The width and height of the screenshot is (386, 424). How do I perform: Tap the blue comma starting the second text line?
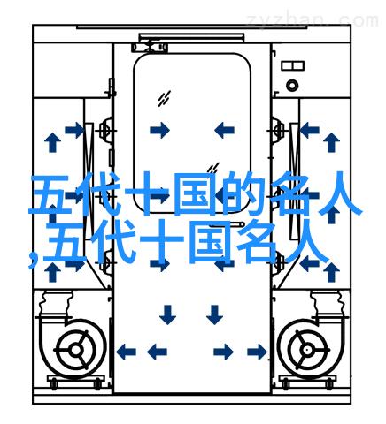tap(34, 260)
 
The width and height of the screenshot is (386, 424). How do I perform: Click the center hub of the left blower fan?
tap(75, 350)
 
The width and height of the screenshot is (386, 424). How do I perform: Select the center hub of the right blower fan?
tap(308, 350)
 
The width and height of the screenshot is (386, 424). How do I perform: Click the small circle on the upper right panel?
tap(292, 86)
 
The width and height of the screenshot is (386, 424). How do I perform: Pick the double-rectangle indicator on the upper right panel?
tap(292, 65)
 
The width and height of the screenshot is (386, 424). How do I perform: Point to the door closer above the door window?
tap(150, 47)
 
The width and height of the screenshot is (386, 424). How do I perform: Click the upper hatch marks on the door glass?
tap(164, 98)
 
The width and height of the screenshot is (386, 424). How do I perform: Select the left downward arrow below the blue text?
tap(167, 314)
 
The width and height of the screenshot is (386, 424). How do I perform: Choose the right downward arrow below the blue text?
tap(214, 314)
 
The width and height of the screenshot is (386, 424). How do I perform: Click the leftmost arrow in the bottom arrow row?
tap(126, 352)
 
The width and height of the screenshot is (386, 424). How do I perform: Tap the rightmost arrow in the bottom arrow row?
tap(256, 352)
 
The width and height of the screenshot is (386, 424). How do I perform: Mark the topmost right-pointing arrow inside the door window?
tap(159, 130)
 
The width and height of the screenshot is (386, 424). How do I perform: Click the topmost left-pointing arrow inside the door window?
tap(224, 130)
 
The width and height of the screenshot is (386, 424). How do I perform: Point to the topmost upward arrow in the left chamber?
tap(52, 142)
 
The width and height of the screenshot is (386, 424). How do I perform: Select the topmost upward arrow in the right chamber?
tap(331, 142)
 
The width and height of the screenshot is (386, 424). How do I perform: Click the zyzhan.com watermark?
tap(313, 21)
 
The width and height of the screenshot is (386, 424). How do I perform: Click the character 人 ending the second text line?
tap(306, 242)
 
